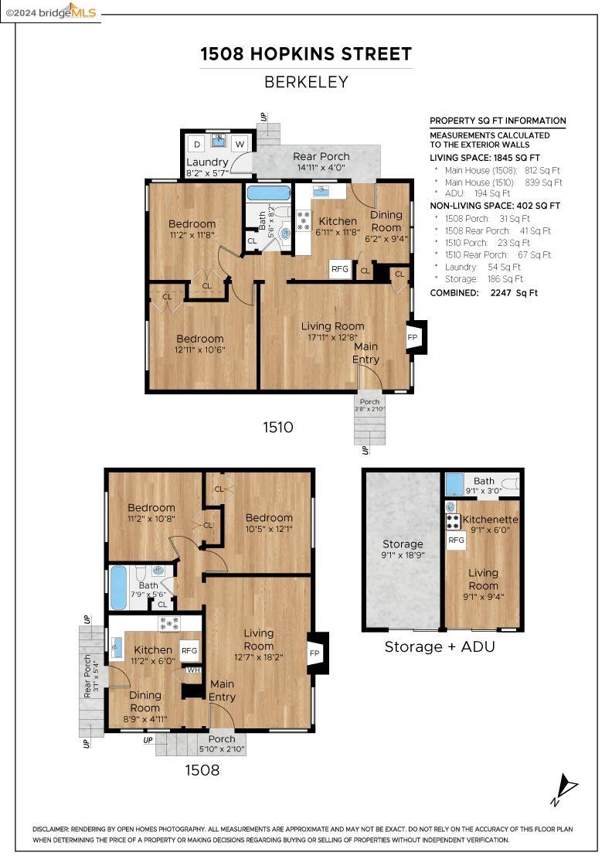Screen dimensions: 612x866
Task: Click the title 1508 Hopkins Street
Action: pos(306,54)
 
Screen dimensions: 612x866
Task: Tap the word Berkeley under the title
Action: pos(306,82)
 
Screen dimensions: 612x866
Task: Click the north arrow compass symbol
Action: pos(565,789)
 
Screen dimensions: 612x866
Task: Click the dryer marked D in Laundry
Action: pos(197,145)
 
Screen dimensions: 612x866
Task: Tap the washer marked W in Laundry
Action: pos(240,145)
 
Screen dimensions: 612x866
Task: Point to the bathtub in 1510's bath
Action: pos(269,193)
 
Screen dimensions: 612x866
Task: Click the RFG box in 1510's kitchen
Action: pos(340,269)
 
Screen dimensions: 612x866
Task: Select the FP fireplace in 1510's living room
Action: pos(413,337)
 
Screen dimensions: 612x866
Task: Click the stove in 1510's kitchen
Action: pos(304,221)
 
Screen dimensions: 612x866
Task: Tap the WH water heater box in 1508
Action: pos(193,670)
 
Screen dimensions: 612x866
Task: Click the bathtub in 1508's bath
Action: pos(119,587)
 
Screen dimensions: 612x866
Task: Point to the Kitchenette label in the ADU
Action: pos(490,520)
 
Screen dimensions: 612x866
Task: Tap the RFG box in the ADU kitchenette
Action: pos(457,540)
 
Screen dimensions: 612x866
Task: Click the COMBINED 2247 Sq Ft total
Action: pos(484,293)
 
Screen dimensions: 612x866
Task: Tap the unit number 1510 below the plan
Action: pos(277,428)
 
